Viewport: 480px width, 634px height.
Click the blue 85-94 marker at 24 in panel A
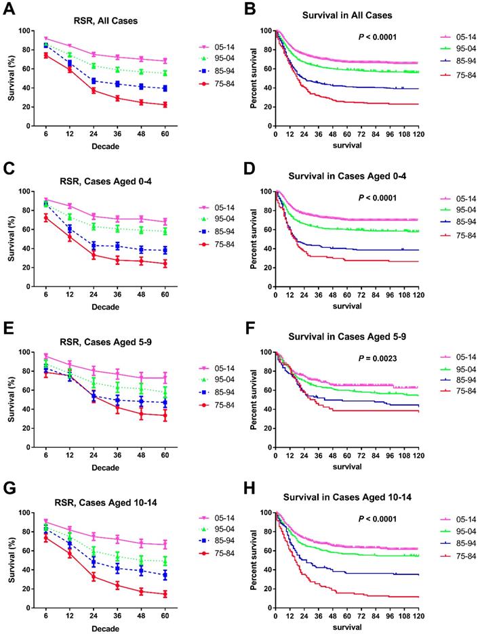point(94,81)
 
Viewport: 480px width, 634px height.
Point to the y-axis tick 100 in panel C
point(26,191)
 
